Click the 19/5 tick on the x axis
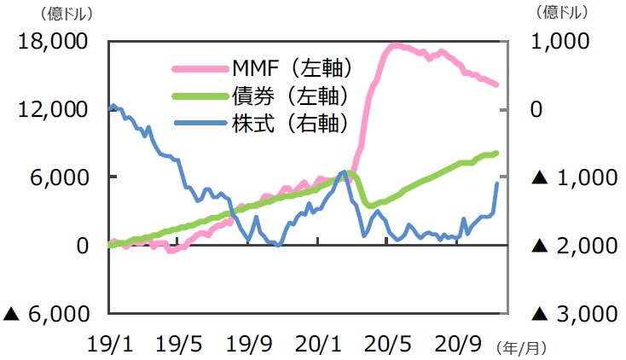(x=180, y=345)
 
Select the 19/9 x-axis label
(x=250, y=345)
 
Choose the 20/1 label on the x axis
(x=319, y=345)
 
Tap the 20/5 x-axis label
(x=389, y=345)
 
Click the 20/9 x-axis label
(x=459, y=345)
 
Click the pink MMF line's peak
(x=393, y=44)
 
